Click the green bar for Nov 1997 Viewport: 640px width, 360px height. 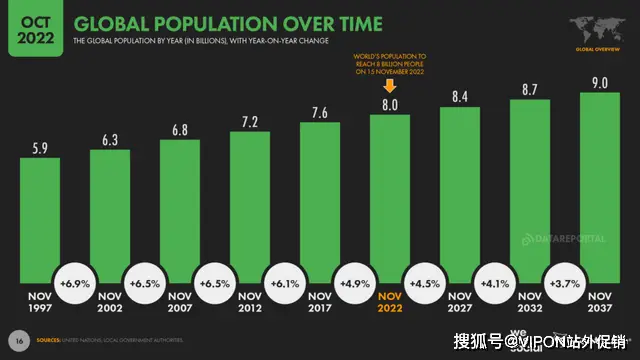pyautogui.click(x=40, y=220)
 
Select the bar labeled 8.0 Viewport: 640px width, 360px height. pyautogui.click(x=389, y=200)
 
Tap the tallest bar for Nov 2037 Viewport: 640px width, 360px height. pyautogui.click(x=598, y=190)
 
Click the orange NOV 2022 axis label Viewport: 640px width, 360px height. pyautogui.click(x=389, y=303)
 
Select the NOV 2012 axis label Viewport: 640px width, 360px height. pyautogui.click(x=249, y=303)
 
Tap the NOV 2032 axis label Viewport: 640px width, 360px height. pyautogui.click(x=529, y=303)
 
